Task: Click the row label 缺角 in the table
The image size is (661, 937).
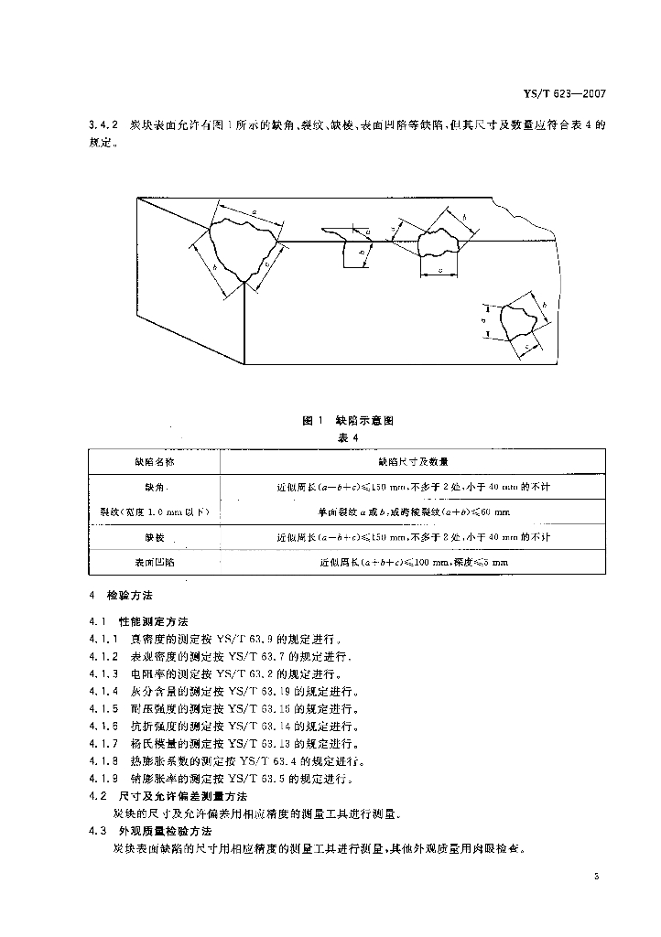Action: [150, 488]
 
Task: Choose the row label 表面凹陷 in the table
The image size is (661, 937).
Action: [150, 562]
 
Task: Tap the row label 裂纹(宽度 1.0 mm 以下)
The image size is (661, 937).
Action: [150, 512]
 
